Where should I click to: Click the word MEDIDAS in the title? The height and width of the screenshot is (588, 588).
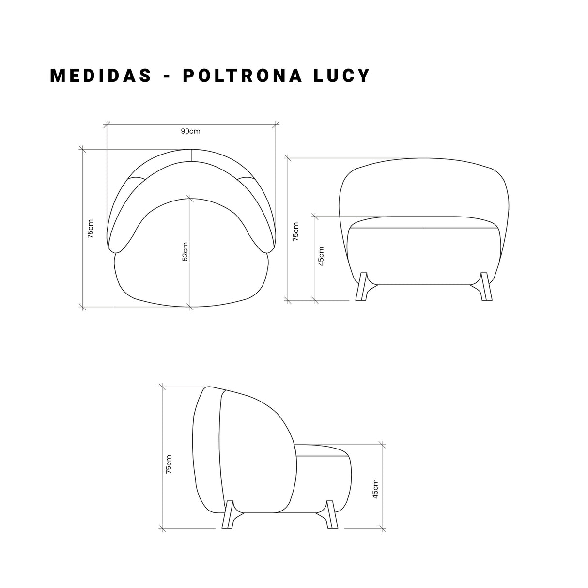click(x=101, y=76)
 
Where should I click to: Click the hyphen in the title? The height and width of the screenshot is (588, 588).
click(x=167, y=77)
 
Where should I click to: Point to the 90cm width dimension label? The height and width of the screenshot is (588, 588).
click(x=190, y=131)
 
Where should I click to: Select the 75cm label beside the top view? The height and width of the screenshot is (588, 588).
click(x=90, y=228)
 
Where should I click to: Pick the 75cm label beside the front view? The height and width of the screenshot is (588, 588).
click(x=296, y=231)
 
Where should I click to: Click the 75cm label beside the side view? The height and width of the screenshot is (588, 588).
click(x=169, y=464)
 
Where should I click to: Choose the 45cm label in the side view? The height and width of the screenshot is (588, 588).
click(x=376, y=489)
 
